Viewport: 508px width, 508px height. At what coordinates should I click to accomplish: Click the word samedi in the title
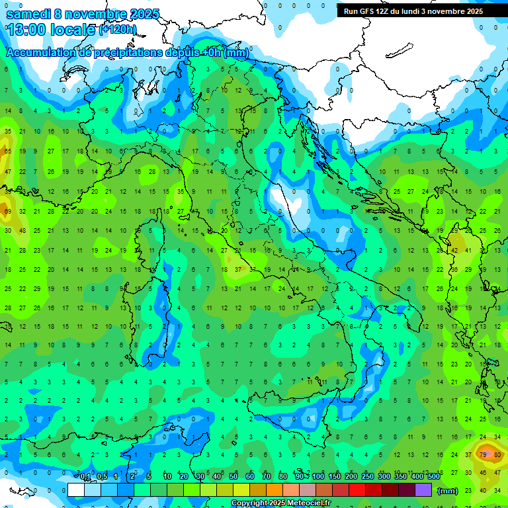tap(28, 14)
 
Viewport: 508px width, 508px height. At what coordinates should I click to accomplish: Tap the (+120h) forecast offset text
tap(118, 30)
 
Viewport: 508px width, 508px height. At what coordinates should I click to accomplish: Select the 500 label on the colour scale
tap(434, 476)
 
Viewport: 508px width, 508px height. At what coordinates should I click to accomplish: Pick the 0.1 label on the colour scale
tap(85, 476)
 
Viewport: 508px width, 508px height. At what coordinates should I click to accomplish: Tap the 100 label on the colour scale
tap(318, 476)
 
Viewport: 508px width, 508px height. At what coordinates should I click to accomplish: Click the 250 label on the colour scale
tap(368, 476)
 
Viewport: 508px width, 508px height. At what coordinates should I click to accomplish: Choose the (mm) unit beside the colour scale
tap(448, 491)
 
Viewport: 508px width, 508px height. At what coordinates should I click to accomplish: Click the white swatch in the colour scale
tap(76, 490)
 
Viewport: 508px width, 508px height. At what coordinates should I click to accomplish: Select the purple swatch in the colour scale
tap(423, 490)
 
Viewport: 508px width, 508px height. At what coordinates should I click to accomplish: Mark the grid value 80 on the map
tap(497, 455)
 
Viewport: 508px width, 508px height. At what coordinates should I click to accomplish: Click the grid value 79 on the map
tap(483, 455)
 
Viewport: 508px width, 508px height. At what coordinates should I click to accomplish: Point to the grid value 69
tap(8, 212)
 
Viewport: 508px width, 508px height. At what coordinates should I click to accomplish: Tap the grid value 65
tap(8, 151)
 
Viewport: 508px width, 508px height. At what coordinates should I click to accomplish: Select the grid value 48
tap(22, 231)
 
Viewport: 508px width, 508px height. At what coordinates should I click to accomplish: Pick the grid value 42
tap(454, 251)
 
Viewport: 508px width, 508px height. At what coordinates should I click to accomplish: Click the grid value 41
tap(469, 251)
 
